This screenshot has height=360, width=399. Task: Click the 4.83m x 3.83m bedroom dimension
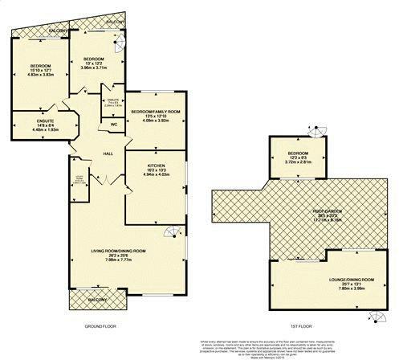pyautogui.click(x=41, y=75)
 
